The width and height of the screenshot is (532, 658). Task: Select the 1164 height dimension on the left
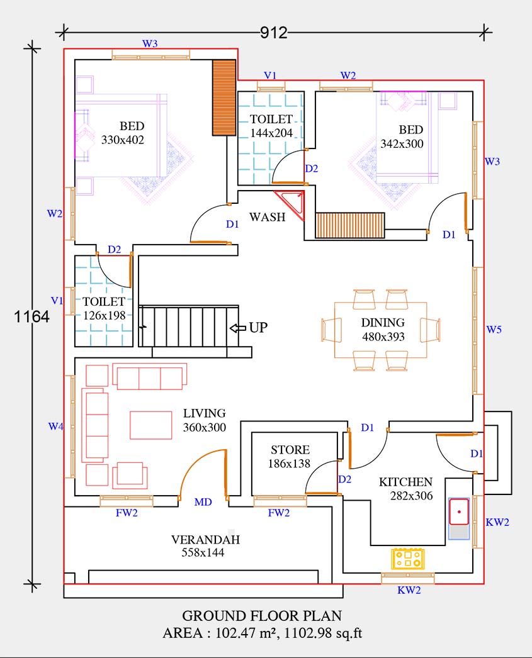point(31,316)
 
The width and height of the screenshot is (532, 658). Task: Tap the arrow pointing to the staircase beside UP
point(237,328)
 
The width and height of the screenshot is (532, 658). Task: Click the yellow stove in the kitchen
point(408,559)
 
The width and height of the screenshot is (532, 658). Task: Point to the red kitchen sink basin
point(460,512)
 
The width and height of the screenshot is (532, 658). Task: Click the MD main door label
point(203,501)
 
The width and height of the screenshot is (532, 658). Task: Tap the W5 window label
point(494,329)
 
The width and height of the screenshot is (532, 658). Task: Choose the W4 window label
point(56,427)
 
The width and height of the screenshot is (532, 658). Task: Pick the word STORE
point(290,450)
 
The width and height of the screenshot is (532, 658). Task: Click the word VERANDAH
point(205,540)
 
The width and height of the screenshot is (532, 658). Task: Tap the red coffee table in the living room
point(151,425)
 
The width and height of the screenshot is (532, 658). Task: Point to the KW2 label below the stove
point(408,590)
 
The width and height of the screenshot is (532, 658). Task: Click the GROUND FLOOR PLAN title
point(262,615)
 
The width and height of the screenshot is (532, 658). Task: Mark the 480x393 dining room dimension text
point(383,337)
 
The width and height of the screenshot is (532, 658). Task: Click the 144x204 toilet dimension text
point(271,133)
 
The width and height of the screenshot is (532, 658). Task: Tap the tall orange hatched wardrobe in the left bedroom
point(224,98)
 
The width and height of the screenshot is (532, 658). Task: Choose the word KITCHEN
point(405,482)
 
